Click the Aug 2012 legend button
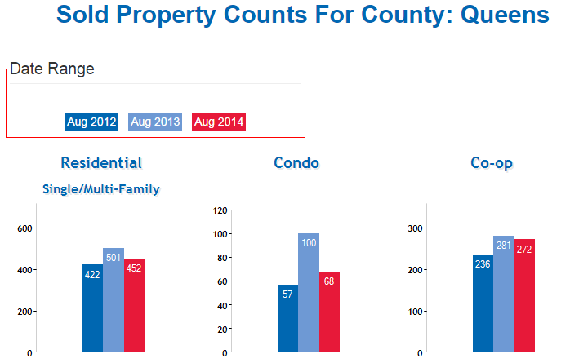tap(91, 122)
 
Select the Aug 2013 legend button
tap(154, 122)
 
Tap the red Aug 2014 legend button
tap(218, 122)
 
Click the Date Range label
tap(51, 69)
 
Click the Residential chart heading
tap(101, 163)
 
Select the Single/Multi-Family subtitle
tap(101, 189)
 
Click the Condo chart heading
tap(296, 163)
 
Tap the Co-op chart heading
tap(492, 163)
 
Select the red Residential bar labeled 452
tap(134, 305)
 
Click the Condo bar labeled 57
tap(287, 319)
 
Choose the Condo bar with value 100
tap(308, 293)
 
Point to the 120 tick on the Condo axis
tap(220, 210)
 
